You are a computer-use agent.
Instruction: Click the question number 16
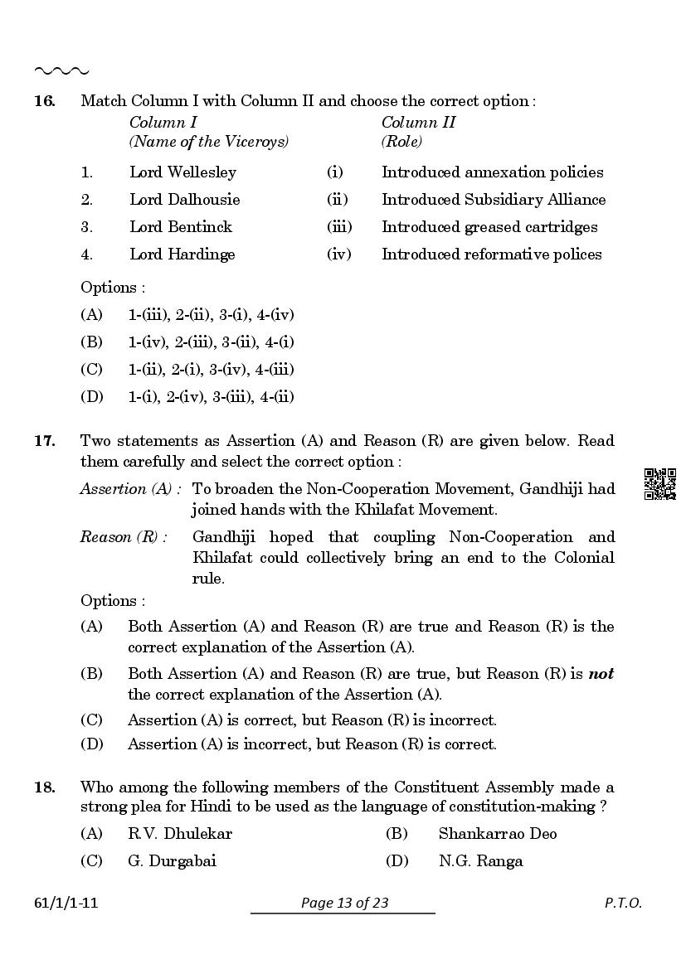coord(44,101)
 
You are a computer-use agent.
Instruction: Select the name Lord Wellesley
coord(182,172)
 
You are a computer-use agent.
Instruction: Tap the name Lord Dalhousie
coord(184,200)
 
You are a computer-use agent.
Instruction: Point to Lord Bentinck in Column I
coord(181,227)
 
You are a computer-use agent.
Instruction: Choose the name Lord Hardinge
coord(182,254)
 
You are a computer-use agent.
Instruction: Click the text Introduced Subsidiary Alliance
coord(493,200)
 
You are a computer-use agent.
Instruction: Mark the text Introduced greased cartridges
coord(489,227)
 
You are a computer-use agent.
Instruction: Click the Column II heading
coord(418,123)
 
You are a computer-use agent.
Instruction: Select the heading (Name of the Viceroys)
coord(208,142)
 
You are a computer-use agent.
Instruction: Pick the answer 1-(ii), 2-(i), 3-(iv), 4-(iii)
coord(211,370)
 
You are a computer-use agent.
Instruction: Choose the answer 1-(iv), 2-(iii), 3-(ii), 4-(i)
coord(211,342)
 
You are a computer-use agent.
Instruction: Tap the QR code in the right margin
coord(660,484)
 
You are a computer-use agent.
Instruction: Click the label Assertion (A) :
coord(130,489)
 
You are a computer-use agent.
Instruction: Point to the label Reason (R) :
coord(123,537)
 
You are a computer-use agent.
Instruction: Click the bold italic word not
coord(601,674)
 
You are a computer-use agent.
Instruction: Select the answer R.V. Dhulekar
coord(179,834)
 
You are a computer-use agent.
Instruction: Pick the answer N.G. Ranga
coord(480,861)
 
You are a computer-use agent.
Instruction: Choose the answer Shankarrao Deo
coord(497,834)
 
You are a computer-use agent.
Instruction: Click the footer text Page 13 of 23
coord(344,904)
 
